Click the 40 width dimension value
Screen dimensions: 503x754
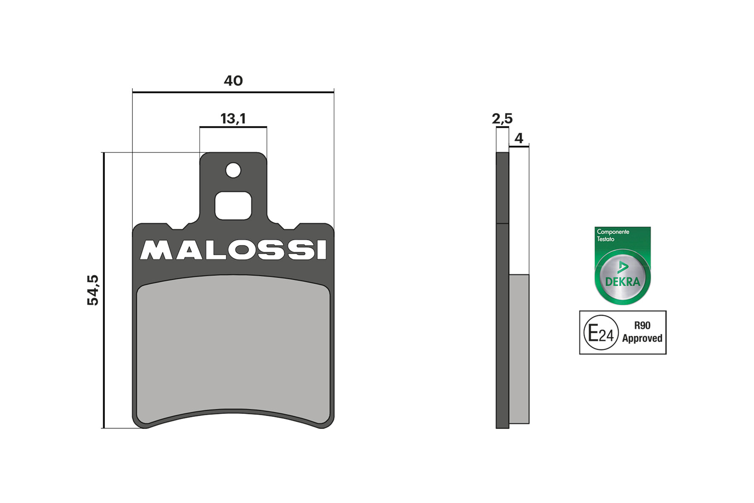point(233,80)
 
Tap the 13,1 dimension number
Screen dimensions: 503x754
point(233,118)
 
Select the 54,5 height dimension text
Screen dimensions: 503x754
point(93,290)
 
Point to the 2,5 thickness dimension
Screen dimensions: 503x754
point(502,118)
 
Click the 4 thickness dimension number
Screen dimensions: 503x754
point(519,138)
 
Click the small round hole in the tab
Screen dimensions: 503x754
point(233,170)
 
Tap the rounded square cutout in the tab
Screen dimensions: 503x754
point(233,206)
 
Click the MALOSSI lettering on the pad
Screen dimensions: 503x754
point(233,250)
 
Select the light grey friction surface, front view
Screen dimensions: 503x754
point(233,347)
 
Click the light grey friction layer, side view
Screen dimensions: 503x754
point(519,349)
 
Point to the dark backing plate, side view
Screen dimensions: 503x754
point(503,298)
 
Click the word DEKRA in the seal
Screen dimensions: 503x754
point(623,282)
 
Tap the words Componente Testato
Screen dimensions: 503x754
point(613,235)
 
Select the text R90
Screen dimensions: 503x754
point(642,326)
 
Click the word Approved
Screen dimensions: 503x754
point(642,339)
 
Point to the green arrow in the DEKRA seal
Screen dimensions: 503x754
point(623,267)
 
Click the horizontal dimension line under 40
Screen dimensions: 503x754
point(233,92)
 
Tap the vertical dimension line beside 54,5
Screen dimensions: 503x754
point(103,290)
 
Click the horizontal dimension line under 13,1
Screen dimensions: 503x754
point(233,127)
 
